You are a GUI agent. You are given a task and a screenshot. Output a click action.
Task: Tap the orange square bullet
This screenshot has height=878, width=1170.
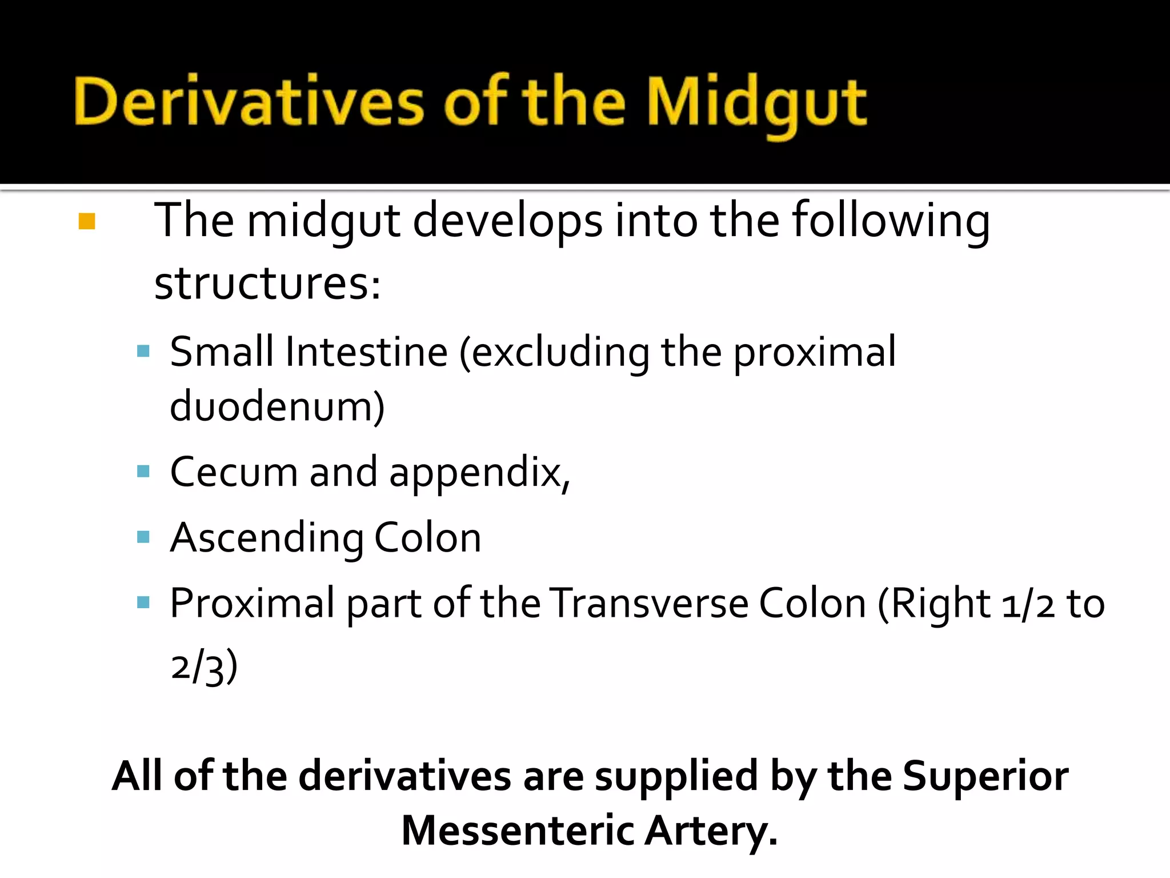[87, 221]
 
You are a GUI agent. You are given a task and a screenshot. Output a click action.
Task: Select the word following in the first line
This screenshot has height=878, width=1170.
[891, 221]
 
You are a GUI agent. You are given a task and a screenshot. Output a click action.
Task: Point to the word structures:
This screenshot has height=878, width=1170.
[267, 284]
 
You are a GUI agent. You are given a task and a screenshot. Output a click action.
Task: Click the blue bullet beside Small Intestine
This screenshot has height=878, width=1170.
[143, 350]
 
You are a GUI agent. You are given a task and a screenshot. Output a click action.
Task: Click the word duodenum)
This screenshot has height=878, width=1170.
[278, 406]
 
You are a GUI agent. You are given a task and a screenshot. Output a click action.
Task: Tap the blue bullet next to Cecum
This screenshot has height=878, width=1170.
[143, 472]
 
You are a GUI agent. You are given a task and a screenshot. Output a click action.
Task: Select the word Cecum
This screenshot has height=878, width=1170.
[234, 473]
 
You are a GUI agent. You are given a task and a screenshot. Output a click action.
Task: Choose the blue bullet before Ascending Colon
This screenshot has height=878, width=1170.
[143, 537]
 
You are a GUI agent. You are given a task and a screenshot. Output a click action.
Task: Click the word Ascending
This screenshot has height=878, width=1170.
[266, 539]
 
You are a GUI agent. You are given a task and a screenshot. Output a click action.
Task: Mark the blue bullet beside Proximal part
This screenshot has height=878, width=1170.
[143, 602]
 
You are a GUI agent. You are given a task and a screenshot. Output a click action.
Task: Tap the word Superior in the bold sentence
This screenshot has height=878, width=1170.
[985, 776]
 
